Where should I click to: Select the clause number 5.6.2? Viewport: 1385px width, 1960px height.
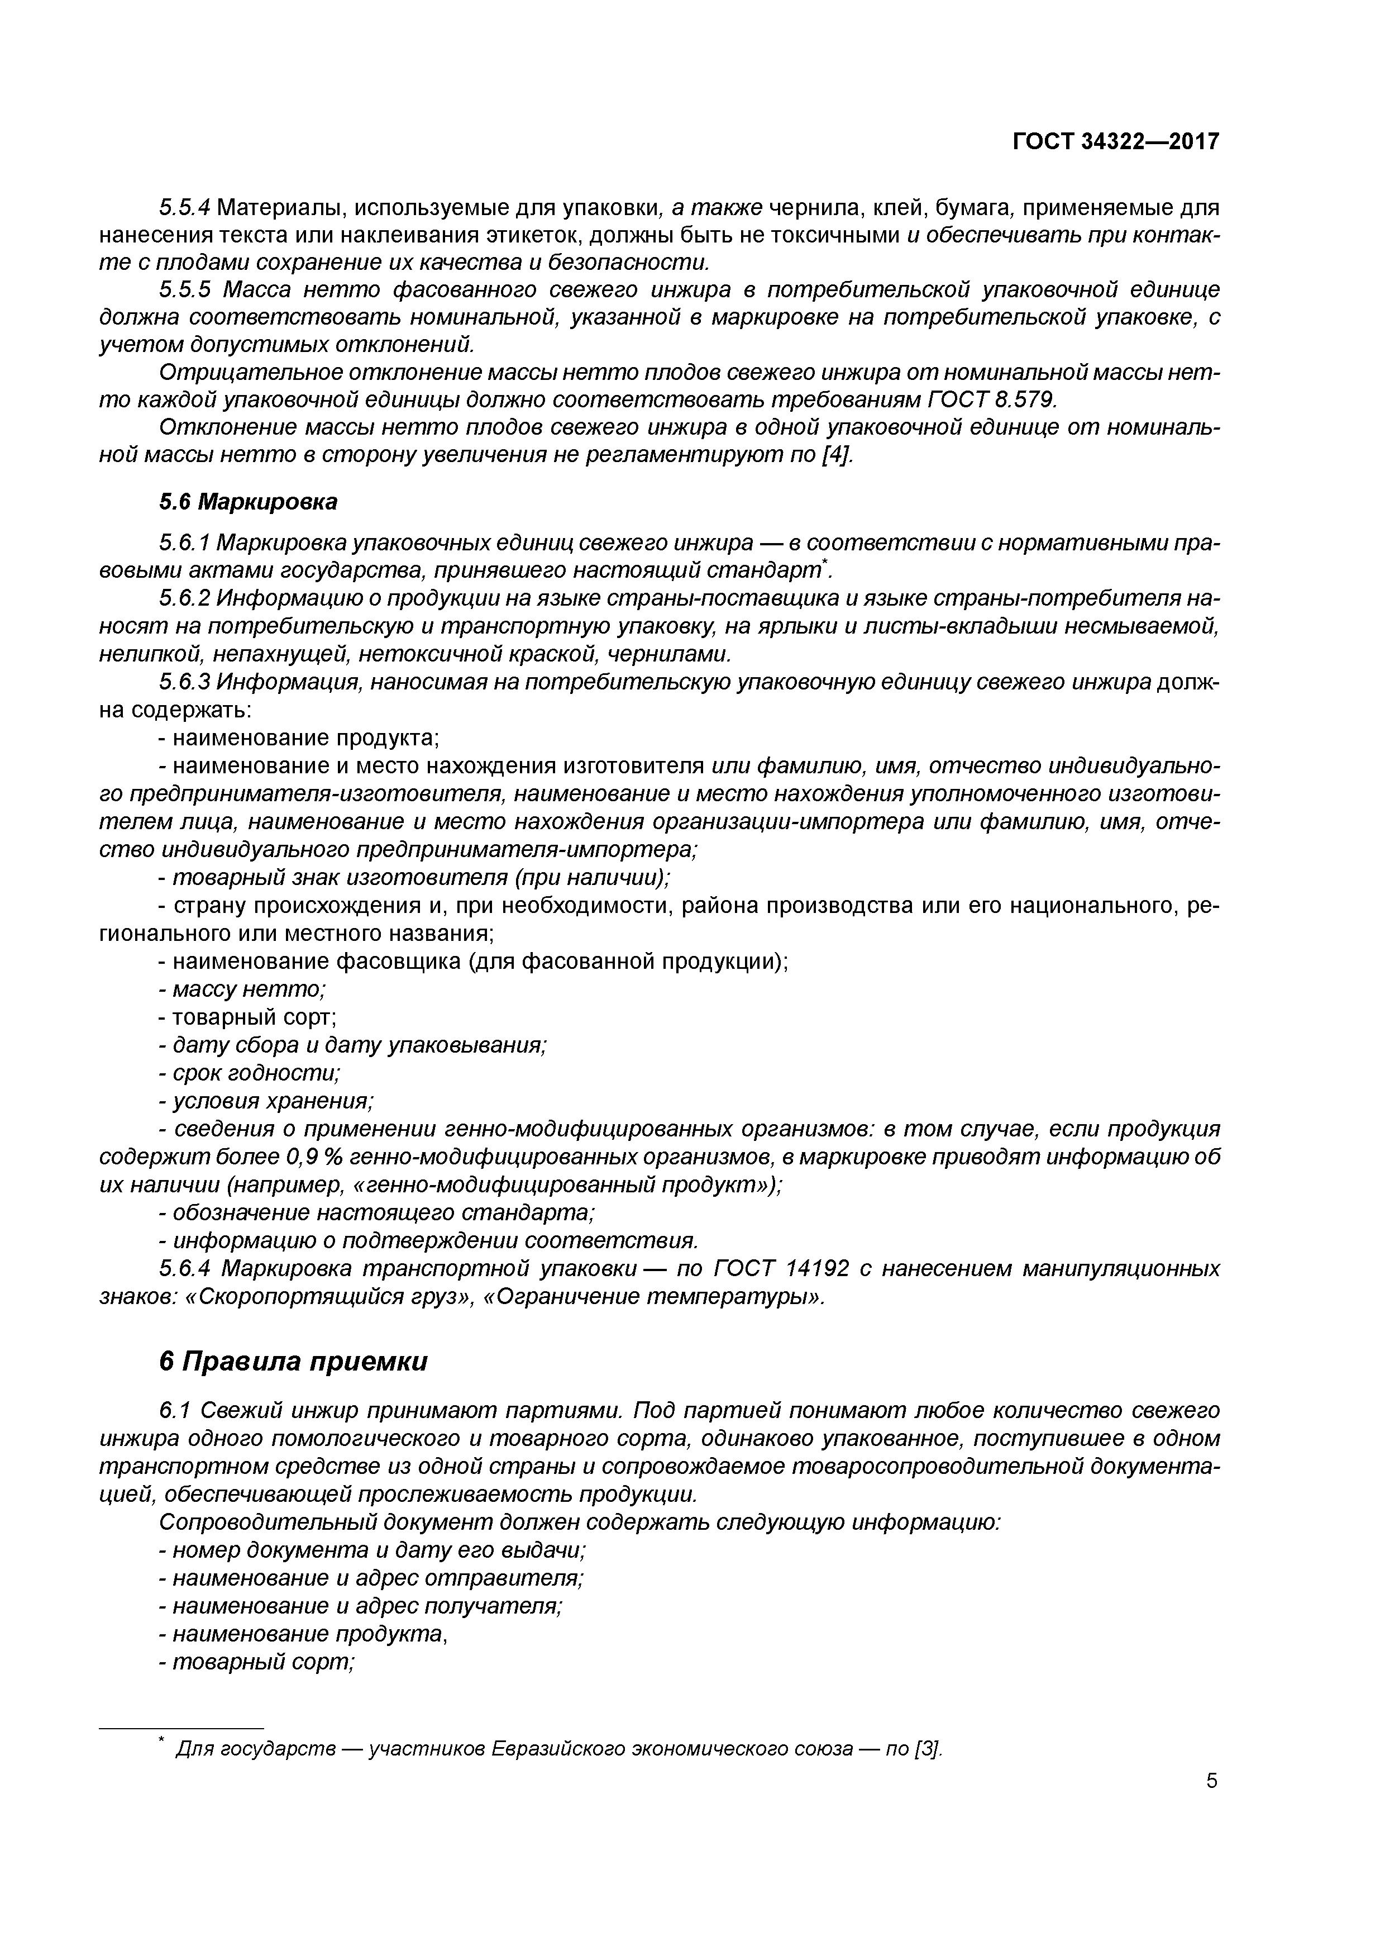pyautogui.click(x=184, y=598)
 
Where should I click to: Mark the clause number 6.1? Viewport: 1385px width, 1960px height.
pyautogui.click(x=174, y=1410)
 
